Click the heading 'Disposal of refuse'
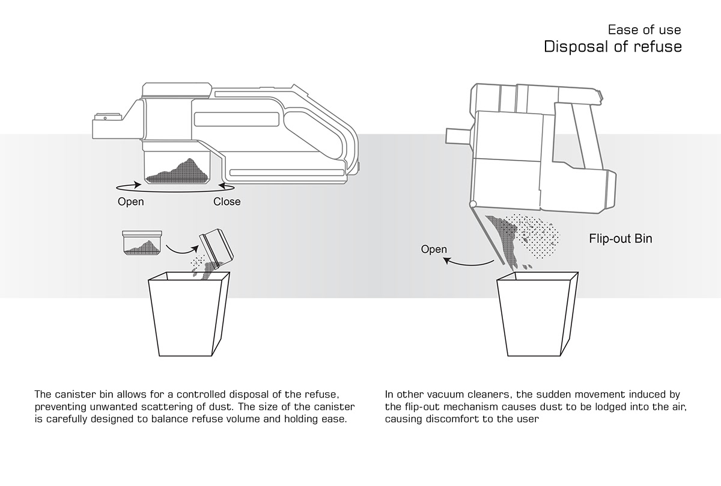tap(612, 47)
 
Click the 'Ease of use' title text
tap(644, 29)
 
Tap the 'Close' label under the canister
tap(227, 201)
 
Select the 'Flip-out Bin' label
tap(620, 239)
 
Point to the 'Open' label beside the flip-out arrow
tap(434, 249)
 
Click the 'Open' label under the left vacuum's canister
tap(130, 201)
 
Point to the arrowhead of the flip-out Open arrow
tap(446, 259)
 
